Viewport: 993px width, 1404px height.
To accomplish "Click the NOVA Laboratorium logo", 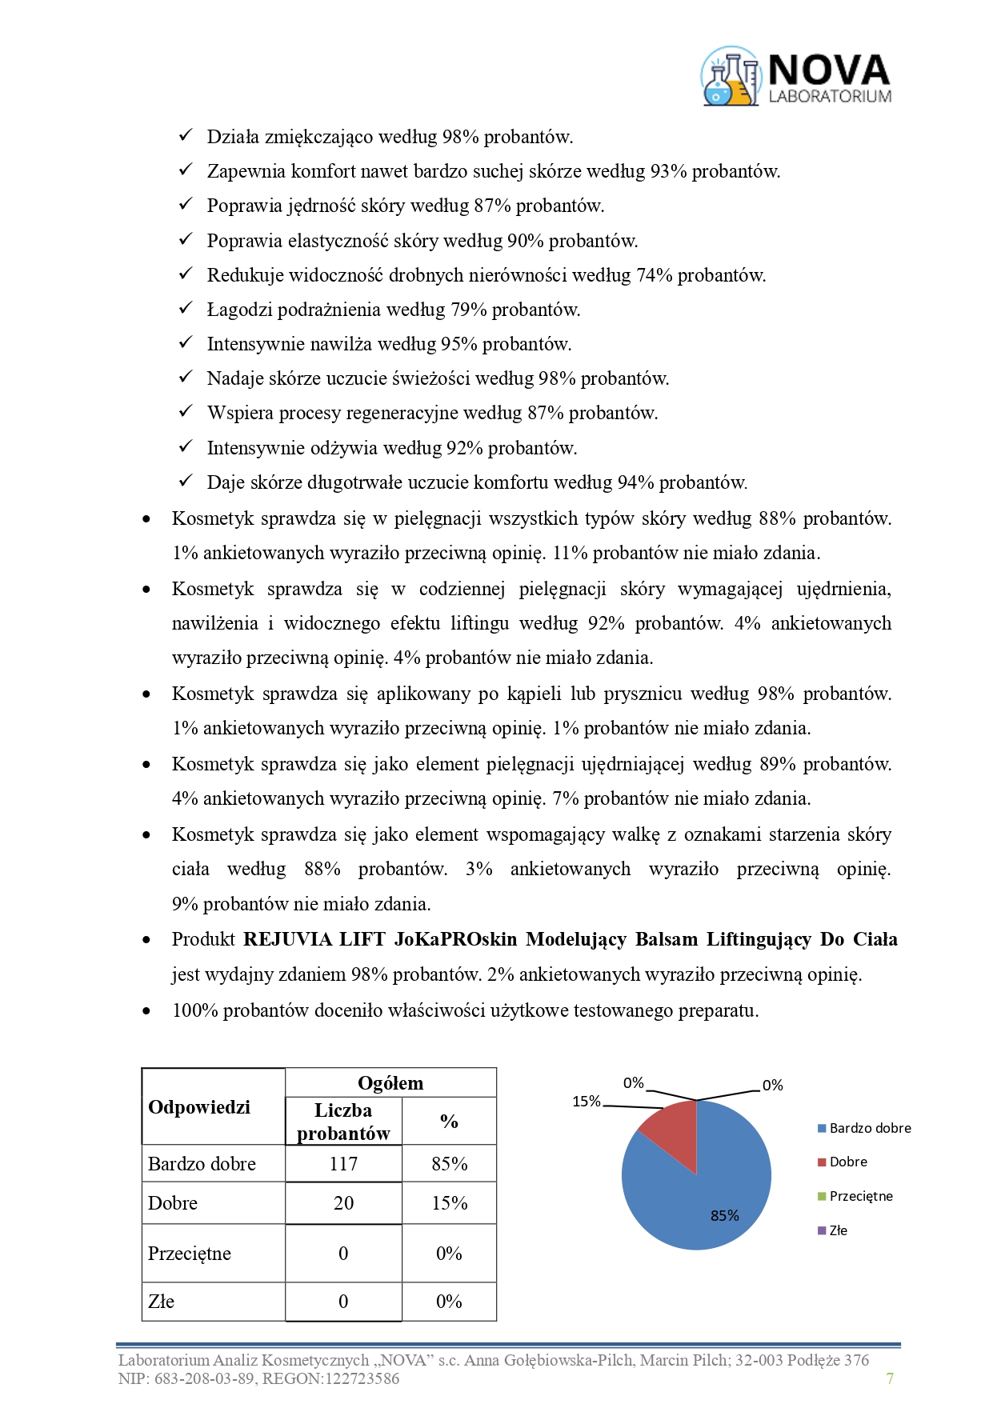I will coord(796,77).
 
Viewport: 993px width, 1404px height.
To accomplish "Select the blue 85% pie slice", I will coord(696,1192).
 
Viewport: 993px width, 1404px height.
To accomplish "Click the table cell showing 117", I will coord(343,1163).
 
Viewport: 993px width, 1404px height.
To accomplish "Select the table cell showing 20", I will coord(343,1202).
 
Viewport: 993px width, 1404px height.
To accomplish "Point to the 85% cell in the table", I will coord(449,1163).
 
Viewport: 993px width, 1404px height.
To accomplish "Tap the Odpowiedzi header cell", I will coord(199,1106).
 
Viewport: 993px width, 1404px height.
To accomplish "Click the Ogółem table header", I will coord(390,1082).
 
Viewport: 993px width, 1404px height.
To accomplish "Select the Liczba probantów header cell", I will coord(343,1121).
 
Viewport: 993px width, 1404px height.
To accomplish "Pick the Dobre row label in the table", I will coord(173,1202).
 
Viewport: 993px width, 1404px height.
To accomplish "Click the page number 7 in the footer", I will coord(890,1378).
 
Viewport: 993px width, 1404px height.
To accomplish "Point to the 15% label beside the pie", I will coord(587,1102).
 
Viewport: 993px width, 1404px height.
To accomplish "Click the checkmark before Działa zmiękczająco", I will coord(186,135).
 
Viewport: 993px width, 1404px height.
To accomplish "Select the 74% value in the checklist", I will coord(654,275).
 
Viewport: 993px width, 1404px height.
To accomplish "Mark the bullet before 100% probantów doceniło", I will coord(146,1010).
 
